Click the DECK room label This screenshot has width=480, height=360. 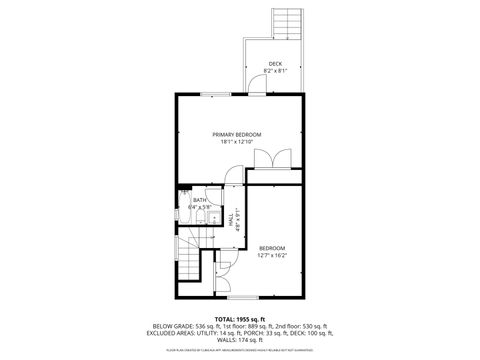coord(275,64)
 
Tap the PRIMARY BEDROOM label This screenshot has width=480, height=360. coord(236,134)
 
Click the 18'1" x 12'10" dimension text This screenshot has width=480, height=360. coord(236,142)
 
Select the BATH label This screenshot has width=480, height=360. coord(200,200)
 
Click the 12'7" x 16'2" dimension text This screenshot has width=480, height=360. coord(272,255)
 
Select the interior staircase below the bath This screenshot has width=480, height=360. coord(189,263)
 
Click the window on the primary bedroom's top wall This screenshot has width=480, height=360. coord(213,94)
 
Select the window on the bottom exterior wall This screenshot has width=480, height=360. coord(243,297)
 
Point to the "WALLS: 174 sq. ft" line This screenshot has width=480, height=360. coord(236,342)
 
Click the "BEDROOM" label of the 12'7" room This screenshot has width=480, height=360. coord(272,247)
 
